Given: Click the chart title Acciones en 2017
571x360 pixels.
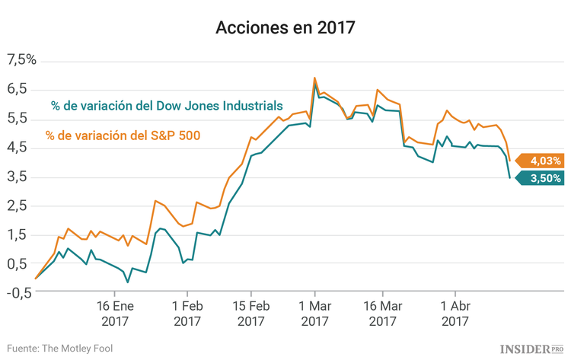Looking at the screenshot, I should (285, 28).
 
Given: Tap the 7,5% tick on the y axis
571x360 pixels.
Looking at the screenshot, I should (21, 60).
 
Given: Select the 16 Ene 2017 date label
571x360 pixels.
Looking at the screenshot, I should (114, 313).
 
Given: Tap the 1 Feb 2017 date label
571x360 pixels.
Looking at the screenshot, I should (187, 313).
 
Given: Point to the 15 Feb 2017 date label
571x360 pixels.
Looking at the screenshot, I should (250, 313).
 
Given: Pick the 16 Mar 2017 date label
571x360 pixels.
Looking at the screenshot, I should (382, 313).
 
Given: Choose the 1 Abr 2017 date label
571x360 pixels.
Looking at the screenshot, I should (454, 313).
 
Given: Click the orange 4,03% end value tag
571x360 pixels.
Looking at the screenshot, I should (543, 161).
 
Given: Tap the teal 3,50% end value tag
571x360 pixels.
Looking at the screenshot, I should (543, 178).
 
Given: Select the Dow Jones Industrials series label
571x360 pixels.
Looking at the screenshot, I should (167, 106).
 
